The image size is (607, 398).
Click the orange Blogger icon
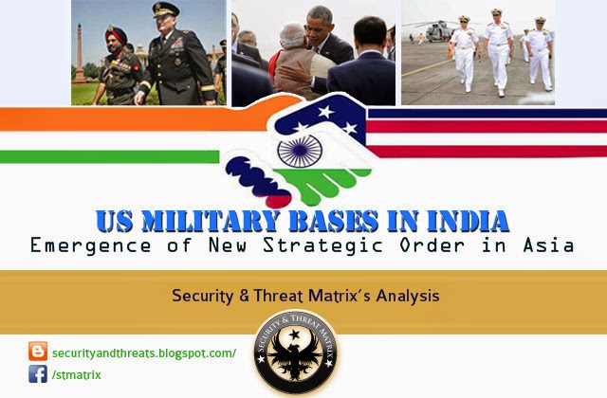tap(38, 352)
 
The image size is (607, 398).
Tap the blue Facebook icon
tap(38, 373)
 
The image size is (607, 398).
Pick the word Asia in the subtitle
tap(551, 246)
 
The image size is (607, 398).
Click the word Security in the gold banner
tap(200, 295)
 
